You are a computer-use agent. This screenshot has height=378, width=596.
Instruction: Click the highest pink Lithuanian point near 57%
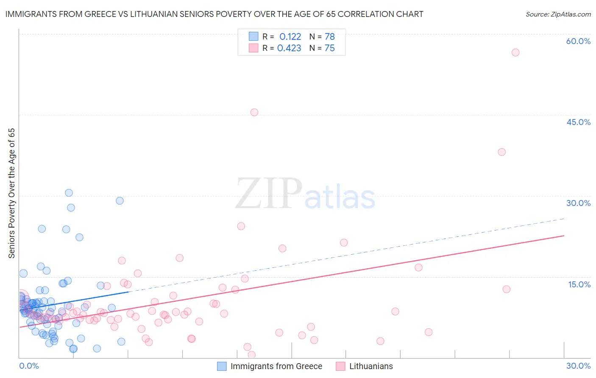click(x=515, y=53)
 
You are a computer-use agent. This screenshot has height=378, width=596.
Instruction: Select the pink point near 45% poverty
click(x=254, y=112)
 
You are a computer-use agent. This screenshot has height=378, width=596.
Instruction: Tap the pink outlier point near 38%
click(x=502, y=152)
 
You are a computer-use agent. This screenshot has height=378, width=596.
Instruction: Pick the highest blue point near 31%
click(x=69, y=193)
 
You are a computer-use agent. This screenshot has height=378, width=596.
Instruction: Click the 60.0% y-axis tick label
click(x=578, y=41)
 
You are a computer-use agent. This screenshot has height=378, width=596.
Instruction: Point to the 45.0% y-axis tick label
click(x=578, y=122)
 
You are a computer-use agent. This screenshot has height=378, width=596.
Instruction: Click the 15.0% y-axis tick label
click(x=579, y=284)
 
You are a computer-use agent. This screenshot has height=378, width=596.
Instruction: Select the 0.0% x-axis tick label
click(x=29, y=366)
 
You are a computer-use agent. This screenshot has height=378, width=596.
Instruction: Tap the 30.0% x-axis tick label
click(x=578, y=366)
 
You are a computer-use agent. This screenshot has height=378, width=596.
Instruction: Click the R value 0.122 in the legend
click(x=290, y=36)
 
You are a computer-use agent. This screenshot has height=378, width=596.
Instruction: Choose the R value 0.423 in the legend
click(x=289, y=48)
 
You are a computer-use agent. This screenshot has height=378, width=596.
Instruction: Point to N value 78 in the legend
click(x=330, y=36)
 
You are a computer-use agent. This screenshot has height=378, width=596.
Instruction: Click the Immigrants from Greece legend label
click(x=276, y=366)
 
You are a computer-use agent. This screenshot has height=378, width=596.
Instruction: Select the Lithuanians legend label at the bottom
click(x=371, y=366)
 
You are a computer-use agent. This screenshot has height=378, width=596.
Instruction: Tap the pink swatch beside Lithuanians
click(x=340, y=366)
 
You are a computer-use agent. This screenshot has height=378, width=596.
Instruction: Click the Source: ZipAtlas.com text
click(x=558, y=14)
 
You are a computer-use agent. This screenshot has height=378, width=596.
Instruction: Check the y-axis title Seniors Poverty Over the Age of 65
click(x=12, y=193)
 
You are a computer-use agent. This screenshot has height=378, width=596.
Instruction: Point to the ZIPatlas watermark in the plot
click(x=305, y=194)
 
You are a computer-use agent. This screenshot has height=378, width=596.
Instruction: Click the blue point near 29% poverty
click(x=120, y=201)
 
